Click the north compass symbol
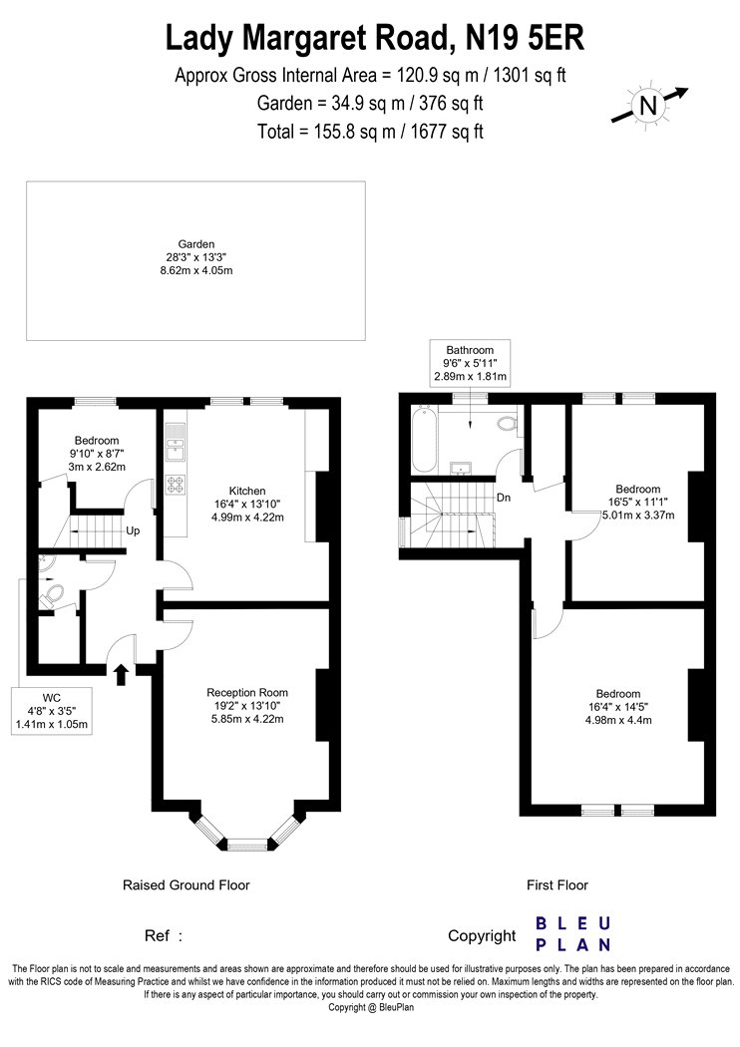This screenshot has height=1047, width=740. click(x=649, y=106)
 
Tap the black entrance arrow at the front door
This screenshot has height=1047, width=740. click(x=121, y=674)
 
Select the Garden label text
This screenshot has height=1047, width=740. click(x=195, y=244)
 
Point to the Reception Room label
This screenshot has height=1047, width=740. click(x=247, y=692)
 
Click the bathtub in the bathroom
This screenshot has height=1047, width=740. click(x=425, y=439)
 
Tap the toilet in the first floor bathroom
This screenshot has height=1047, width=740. click(x=509, y=424)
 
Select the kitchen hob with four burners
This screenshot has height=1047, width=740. click(x=176, y=485)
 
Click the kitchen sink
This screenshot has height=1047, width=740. click(x=176, y=444)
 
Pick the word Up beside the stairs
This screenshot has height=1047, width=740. click(x=133, y=530)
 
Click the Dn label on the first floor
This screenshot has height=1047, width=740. click(x=504, y=498)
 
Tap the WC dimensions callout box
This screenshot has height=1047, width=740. click(x=52, y=711)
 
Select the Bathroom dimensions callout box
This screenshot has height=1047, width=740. click(x=470, y=363)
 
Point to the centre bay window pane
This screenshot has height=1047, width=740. click(x=247, y=845)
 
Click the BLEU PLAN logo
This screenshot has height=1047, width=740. click(x=573, y=934)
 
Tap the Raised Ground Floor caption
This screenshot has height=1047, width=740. click(x=186, y=884)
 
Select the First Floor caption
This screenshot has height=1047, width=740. click(x=557, y=884)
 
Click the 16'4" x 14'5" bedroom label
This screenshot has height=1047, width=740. click(x=618, y=707)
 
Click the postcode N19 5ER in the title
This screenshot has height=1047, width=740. click(x=525, y=38)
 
